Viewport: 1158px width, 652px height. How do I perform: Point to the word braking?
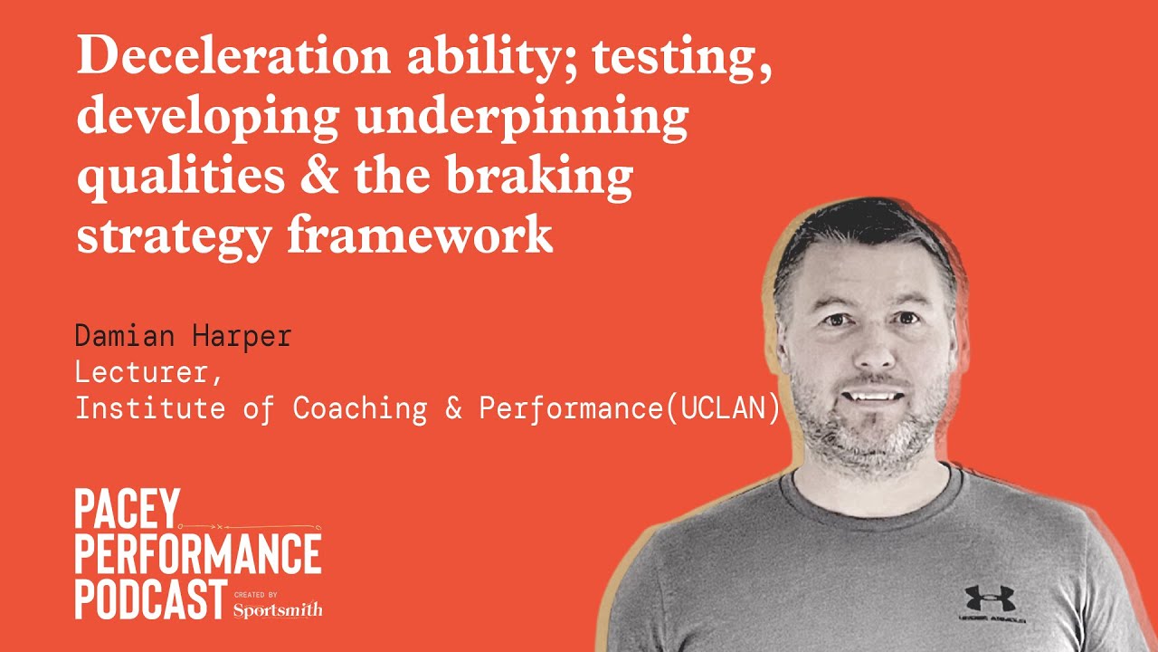click(x=541, y=175)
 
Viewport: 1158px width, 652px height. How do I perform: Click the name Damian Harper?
click(x=184, y=337)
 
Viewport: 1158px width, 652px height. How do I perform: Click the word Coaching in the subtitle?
click(x=359, y=408)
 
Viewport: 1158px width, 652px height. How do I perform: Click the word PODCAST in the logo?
click(x=150, y=599)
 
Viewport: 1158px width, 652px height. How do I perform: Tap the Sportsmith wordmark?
click(x=277, y=609)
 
